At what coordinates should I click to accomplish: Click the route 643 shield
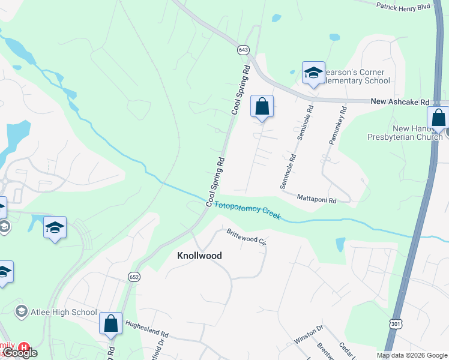click(x=243, y=50)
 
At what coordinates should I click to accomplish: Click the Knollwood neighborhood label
click(x=199, y=256)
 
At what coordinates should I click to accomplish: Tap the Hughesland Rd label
click(x=147, y=328)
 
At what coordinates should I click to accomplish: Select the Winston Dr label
click(x=309, y=335)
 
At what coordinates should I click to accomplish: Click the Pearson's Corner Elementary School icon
click(x=313, y=73)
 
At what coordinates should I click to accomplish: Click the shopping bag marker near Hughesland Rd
click(x=111, y=324)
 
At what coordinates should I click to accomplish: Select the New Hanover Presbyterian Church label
click(x=404, y=133)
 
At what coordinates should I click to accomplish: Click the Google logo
click(x=20, y=353)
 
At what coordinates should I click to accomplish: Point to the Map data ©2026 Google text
click(x=412, y=355)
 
